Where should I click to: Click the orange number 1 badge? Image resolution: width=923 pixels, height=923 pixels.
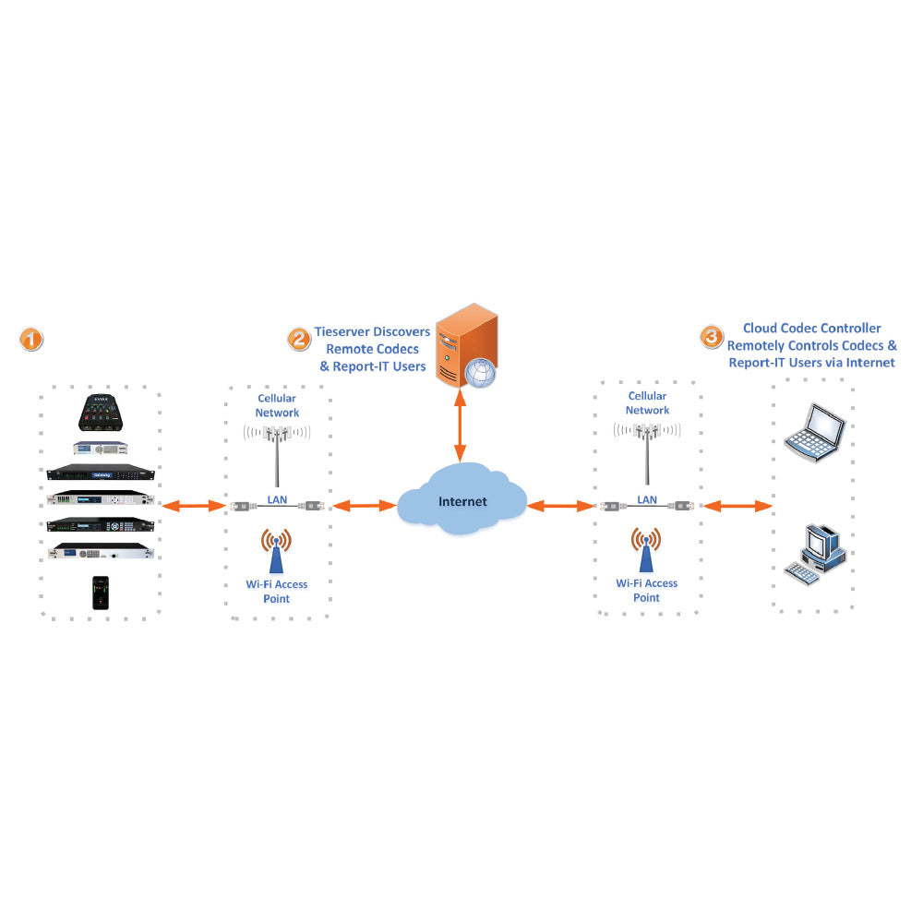point(31,339)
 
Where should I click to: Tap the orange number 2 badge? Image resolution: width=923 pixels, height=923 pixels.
point(298,339)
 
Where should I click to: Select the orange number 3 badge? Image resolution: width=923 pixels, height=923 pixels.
point(712,337)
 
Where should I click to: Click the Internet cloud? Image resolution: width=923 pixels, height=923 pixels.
point(461,503)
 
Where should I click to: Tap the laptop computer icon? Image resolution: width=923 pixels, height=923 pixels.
point(815,431)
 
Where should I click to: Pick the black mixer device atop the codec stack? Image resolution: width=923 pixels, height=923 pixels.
point(102,412)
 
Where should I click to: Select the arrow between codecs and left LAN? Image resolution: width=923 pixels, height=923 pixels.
point(193,505)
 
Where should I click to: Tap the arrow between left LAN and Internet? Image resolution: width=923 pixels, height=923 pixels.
point(364,505)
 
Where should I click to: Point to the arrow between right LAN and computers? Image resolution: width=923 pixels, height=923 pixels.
point(737,505)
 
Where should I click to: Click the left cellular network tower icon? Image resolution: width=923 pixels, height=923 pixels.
point(276,452)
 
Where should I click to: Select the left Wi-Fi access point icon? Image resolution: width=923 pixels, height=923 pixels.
point(276,551)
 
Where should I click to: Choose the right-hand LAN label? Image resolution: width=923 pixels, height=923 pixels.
point(647,499)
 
